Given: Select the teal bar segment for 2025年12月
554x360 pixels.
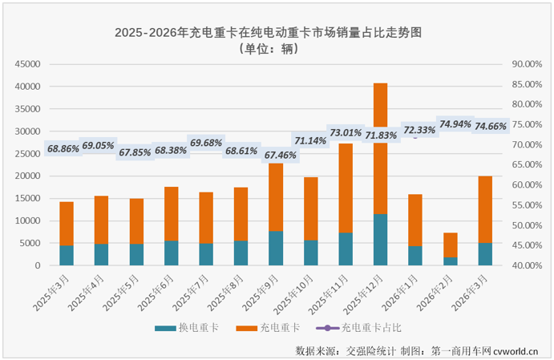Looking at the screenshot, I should pyautogui.click(x=380, y=240).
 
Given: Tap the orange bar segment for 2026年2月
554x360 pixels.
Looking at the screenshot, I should pyautogui.click(x=450, y=245).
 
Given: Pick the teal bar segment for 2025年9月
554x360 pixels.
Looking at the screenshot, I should pyautogui.click(x=275, y=248).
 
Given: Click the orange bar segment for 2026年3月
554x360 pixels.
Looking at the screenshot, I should pyautogui.click(x=484, y=209).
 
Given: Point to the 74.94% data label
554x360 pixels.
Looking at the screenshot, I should pyautogui.click(x=455, y=123).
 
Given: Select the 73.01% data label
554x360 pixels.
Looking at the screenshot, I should pyautogui.click(x=346, y=132).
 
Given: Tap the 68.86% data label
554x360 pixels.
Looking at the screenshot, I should pyautogui.click(x=63, y=149).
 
